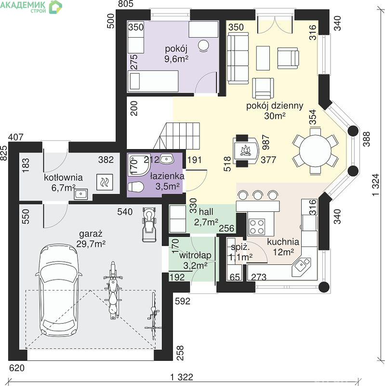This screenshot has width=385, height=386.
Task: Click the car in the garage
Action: pos(58,290)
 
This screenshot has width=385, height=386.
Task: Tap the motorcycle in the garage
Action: pos(113,290)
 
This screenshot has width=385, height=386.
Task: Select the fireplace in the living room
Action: pos(246,151)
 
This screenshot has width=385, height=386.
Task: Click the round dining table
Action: pos(315,151)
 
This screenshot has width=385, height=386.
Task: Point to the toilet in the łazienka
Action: pos(135,186)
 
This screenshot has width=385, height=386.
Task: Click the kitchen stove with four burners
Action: pos(257,227)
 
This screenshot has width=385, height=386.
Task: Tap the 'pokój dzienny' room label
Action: pos(275,106)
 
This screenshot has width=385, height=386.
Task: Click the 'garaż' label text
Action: pos(91,234)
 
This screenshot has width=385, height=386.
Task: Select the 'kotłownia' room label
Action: pos(63,178)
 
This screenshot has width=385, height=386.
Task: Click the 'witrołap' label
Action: pos(195,255)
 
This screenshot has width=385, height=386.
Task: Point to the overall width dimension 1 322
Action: pos(182,377)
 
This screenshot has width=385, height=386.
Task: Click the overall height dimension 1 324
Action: pos(376,185)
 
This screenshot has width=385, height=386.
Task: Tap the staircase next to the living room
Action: pos(176,136)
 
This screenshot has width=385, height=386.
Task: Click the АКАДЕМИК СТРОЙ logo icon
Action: pos(55,7)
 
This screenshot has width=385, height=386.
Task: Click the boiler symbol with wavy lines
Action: pos(105,182)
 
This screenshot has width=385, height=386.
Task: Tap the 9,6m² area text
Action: pos(176,59)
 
